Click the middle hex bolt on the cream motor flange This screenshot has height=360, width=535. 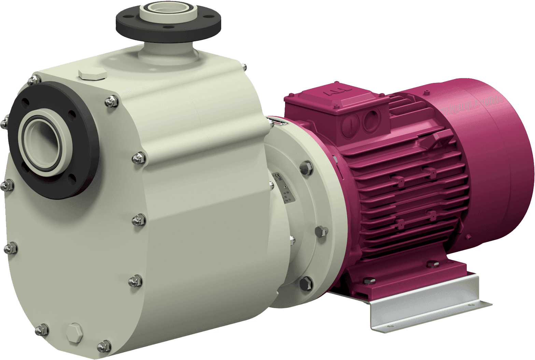coord(321,231)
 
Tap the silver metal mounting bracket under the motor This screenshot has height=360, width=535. coord(427,307)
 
